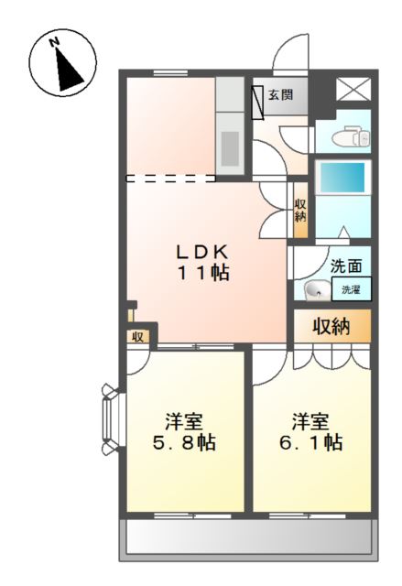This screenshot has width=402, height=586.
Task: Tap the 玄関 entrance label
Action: point(280,93)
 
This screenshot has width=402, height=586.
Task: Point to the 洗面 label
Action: point(345,267)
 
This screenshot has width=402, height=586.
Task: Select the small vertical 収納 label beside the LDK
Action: point(299,210)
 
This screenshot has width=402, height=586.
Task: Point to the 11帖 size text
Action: point(203,272)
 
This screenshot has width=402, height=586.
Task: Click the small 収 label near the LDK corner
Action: point(136,336)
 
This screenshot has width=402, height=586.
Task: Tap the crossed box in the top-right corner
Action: point(353,89)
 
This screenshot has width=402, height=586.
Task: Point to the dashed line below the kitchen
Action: point(171,177)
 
